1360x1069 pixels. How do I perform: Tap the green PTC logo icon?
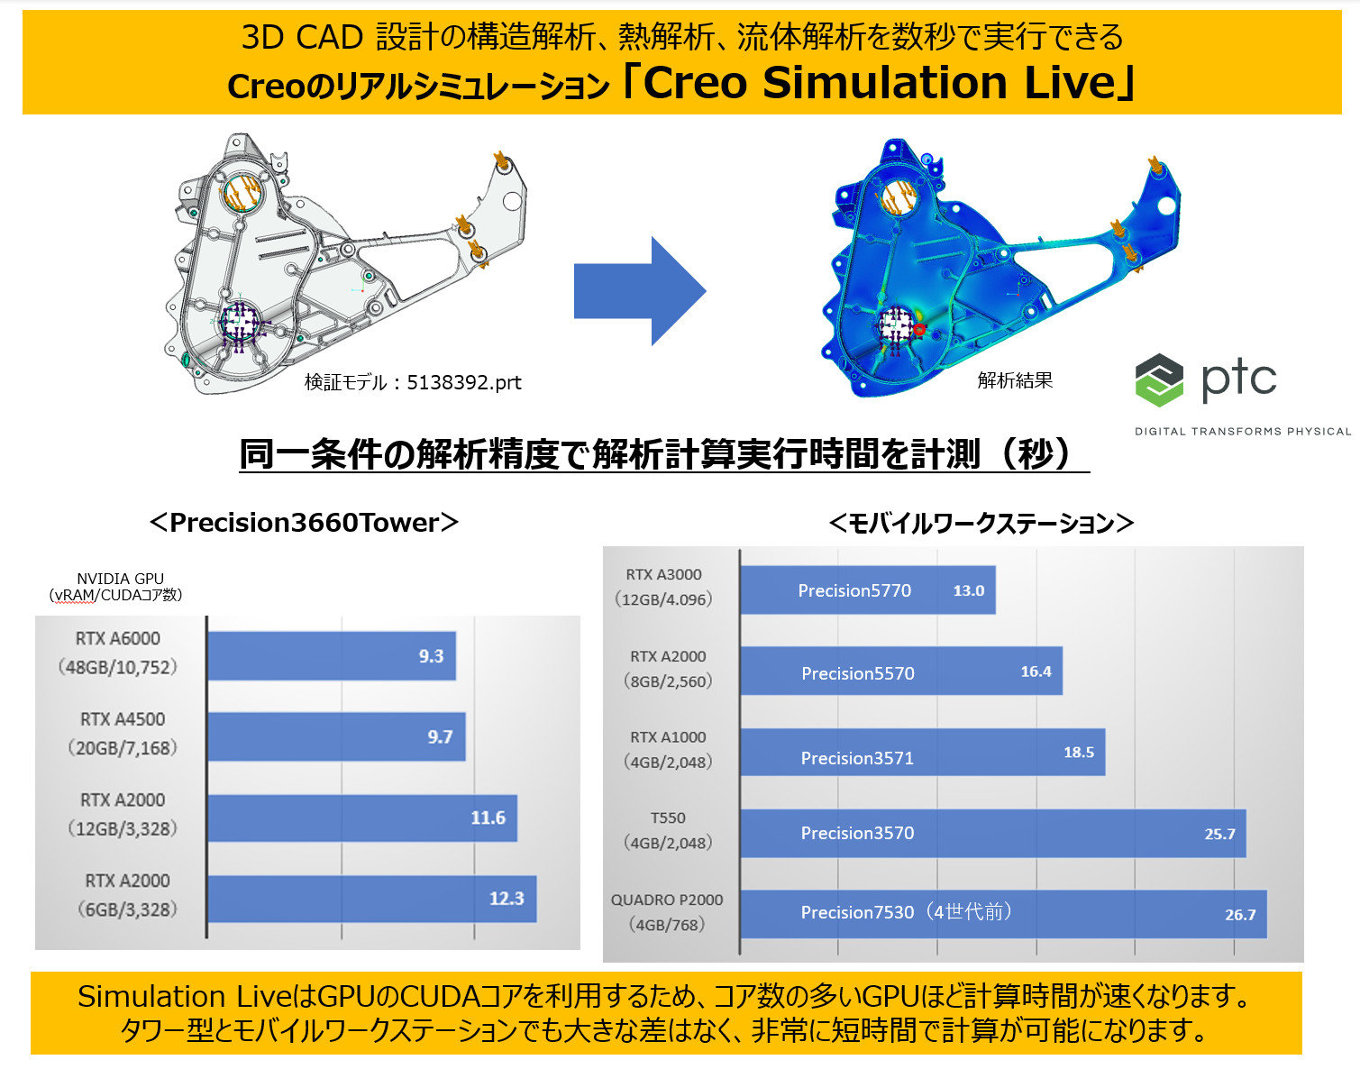pyautogui.click(x=1159, y=379)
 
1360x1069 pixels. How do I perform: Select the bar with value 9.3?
pyautogui.click(x=331, y=656)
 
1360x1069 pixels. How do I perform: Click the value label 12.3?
pyautogui.click(x=507, y=899)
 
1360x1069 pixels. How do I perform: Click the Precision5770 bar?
pyautogui.click(x=867, y=590)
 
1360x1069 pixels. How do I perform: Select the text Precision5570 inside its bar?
pyautogui.click(x=857, y=673)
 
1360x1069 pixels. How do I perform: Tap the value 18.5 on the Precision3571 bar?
pyautogui.click(x=1079, y=753)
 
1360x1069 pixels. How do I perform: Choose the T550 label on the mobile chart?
pyautogui.click(x=668, y=818)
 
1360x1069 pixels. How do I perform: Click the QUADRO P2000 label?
pyautogui.click(x=667, y=900)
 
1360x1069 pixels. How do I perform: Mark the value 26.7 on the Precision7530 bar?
pyautogui.click(x=1240, y=915)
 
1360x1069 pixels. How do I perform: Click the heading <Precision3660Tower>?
pyautogui.click(x=304, y=523)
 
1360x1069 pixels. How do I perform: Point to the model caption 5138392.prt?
pyautogui.click(x=464, y=382)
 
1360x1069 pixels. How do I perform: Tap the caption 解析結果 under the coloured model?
pyautogui.click(x=1015, y=379)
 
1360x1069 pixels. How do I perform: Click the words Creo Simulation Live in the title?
pyautogui.click(x=880, y=83)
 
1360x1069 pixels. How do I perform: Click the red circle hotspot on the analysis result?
pyautogui.click(x=918, y=330)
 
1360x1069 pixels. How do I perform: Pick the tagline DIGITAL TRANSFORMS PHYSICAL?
pyautogui.click(x=1242, y=431)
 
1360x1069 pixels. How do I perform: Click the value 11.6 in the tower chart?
pyautogui.click(x=488, y=818)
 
